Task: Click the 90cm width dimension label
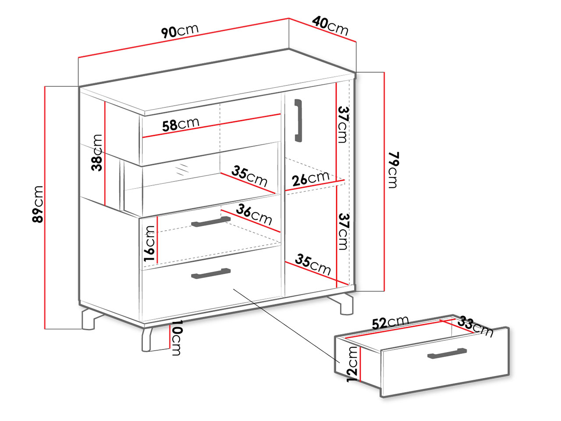180,31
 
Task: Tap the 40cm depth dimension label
330,25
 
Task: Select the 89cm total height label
38,204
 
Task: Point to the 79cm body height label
393,170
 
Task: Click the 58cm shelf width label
181,125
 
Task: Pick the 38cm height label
96,153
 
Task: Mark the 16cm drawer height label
149,243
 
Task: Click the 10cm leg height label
176,338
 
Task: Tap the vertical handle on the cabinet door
298,120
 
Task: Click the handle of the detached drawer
447,353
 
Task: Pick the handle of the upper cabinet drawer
211,221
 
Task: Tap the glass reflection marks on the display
182,169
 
